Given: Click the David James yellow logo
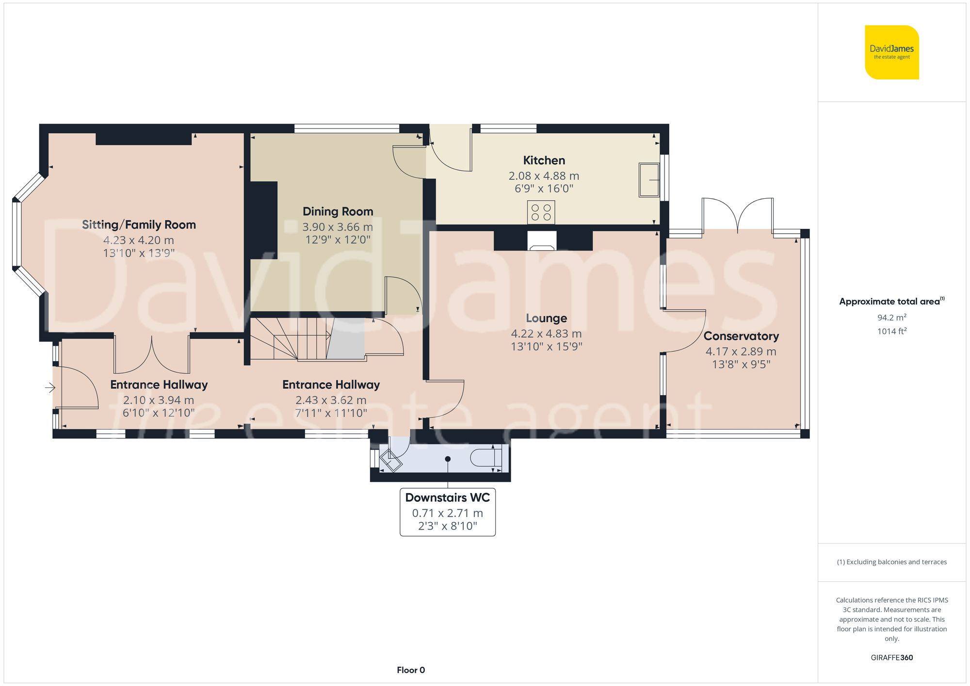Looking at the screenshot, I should pos(891,52).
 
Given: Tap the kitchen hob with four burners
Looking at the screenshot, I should pos(541,212).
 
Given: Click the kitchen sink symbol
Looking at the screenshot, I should pos(649,180).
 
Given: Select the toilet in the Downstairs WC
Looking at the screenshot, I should pos(486,457).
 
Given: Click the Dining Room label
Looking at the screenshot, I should pos(338,211).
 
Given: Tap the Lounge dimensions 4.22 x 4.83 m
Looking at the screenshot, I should pos(546,334).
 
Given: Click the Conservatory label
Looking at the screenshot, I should pos(741,336).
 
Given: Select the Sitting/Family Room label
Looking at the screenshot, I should pos(139,224).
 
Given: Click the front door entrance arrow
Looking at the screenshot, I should pos(50,387).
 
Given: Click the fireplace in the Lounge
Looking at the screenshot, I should pos(542,240).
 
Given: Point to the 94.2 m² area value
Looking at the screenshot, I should pos(891,318).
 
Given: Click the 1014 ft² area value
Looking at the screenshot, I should pos(891,331).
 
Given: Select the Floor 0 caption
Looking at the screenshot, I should pos(410,670).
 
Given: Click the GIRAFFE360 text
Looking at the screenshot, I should pos(891,657).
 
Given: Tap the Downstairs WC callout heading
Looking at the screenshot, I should pos(447,497).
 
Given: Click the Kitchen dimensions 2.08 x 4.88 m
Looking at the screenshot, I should pos(544,176).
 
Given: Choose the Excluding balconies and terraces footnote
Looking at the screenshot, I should pos(891,562).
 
